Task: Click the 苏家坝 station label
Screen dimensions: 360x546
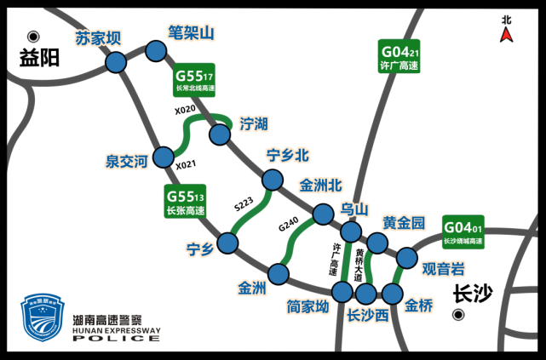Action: tap(99, 38)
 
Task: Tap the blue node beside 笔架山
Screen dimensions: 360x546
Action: tap(156, 52)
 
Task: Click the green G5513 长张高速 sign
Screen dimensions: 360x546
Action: tap(186, 202)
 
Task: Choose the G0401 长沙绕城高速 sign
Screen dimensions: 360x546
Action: tap(463, 232)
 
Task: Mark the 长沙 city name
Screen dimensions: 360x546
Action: tap(474, 294)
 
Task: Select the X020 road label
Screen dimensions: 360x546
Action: tap(185, 111)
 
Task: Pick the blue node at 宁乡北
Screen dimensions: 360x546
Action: tap(272, 180)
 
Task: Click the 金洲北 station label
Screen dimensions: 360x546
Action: tap(320, 185)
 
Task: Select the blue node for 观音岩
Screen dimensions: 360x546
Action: tap(406, 257)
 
